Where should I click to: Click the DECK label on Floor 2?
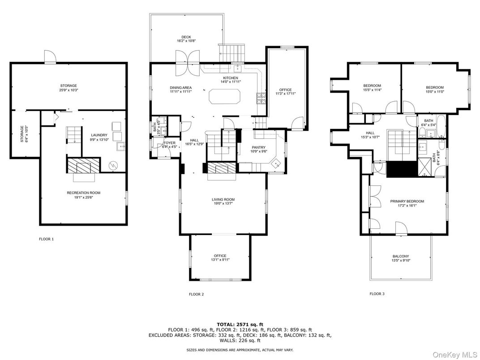click(186, 37)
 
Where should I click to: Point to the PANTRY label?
click(259, 147)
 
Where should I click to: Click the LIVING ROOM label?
click(223, 200)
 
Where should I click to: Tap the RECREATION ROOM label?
click(84, 193)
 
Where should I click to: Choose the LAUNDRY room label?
click(99, 135)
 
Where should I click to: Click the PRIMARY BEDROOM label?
click(407, 201)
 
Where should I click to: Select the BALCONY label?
click(401, 257)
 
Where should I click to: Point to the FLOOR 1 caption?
click(46, 239)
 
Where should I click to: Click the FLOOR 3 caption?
click(377, 294)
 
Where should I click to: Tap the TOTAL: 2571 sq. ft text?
click(240, 325)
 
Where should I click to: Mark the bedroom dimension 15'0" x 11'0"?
click(435, 91)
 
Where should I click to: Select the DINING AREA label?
click(180, 88)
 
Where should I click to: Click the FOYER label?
click(170, 143)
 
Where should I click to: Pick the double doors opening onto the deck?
click(188, 63)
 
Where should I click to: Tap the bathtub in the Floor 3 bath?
click(441, 126)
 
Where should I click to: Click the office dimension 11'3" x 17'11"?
click(286, 94)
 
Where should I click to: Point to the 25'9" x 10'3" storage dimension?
click(69, 90)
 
